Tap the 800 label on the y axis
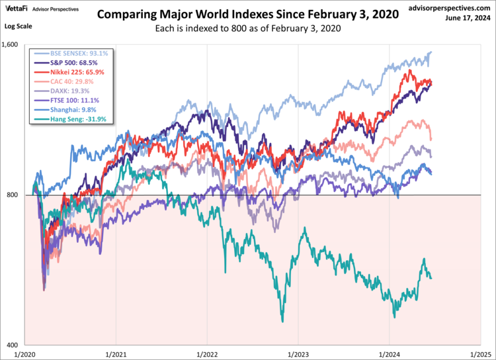(15, 195)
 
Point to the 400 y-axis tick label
(15, 345)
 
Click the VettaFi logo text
(17, 9)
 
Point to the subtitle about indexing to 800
(248, 29)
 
